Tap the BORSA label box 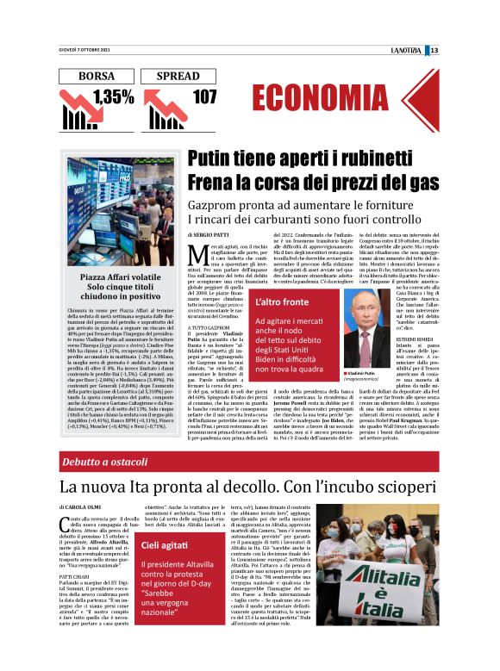tap(96, 77)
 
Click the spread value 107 tap(204, 97)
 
